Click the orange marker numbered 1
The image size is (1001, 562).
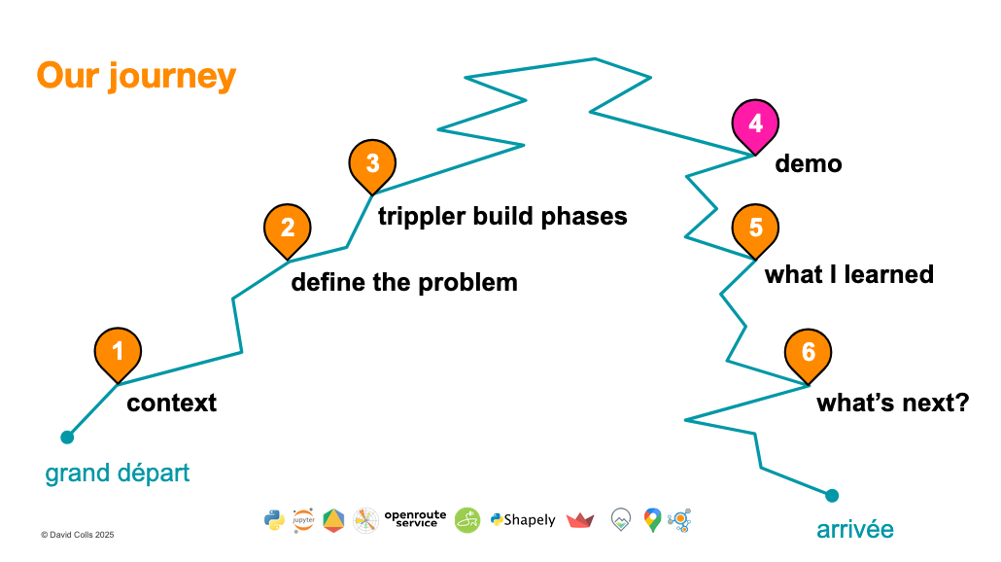pyautogui.click(x=118, y=351)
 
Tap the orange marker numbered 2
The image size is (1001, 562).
pyautogui.click(x=288, y=228)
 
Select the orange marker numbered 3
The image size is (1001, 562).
pyautogui.click(x=372, y=162)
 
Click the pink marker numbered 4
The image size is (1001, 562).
pyautogui.click(x=755, y=124)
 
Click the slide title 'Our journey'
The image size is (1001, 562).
pyautogui.click(x=136, y=76)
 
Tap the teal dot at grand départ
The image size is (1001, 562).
pyautogui.click(x=67, y=438)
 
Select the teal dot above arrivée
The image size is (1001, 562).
pyautogui.click(x=832, y=496)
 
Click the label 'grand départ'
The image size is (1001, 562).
pyautogui.click(x=118, y=474)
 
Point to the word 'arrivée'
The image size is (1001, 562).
pyautogui.click(x=854, y=530)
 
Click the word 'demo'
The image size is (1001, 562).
pyautogui.click(x=809, y=164)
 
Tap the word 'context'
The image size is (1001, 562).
pyautogui.click(x=172, y=403)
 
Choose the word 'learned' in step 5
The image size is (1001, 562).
pyautogui.click(x=885, y=274)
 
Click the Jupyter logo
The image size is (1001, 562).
pyautogui.click(x=303, y=520)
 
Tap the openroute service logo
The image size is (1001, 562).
pyautogui.click(x=415, y=519)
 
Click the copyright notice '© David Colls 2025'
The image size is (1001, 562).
pyautogui.click(x=78, y=535)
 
